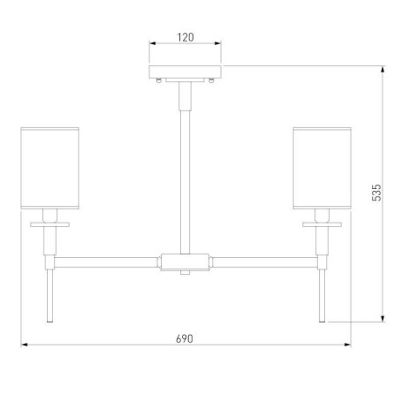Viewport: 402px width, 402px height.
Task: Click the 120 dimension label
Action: tap(186, 37)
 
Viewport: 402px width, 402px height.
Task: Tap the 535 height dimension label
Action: tap(376, 193)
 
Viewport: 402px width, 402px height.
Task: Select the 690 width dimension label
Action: tap(185, 338)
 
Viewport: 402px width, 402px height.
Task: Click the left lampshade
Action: tap(49, 168)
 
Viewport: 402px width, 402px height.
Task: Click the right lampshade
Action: tap(322, 168)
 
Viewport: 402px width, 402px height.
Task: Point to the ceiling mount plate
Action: tap(185, 72)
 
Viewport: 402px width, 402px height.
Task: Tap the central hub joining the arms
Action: tap(185, 262)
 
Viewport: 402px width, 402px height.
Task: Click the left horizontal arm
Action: tap(106, 262)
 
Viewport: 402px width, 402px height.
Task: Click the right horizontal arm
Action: tap(265, 262)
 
